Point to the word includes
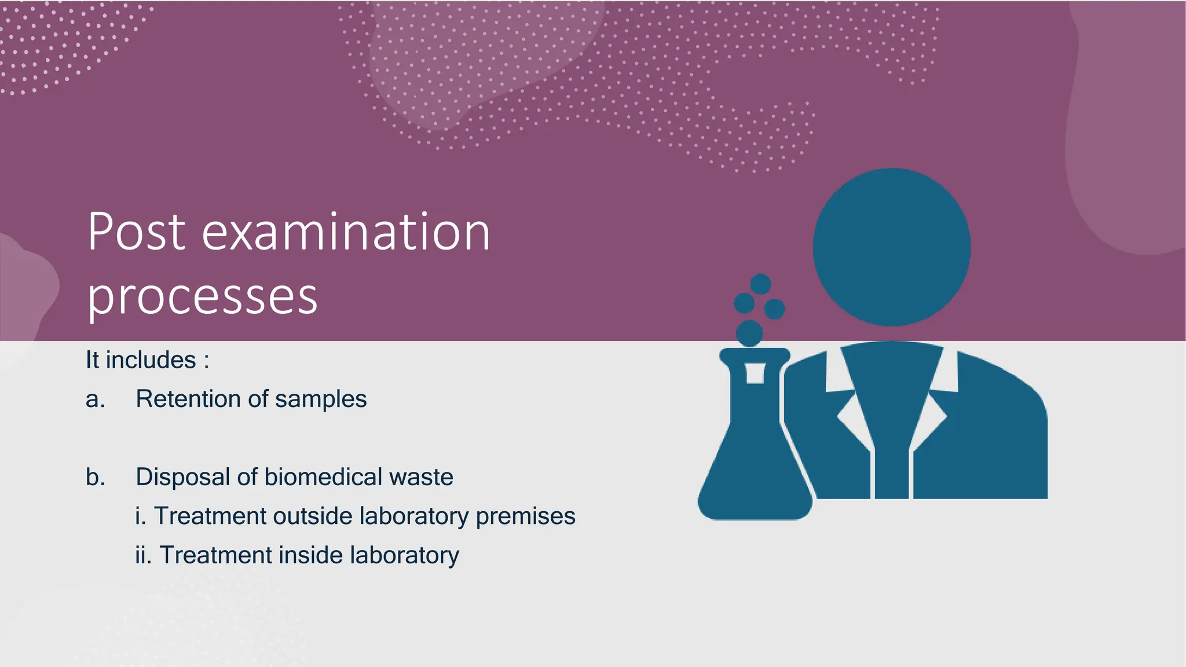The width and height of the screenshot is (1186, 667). click(151, 360)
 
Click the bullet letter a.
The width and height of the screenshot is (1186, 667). click(95, 400)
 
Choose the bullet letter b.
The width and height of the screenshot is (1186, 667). click(96, 477)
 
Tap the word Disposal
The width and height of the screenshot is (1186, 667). click(182, 477)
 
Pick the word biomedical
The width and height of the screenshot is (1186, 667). click(323, 477)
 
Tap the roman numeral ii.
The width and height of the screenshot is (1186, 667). click(143, 555)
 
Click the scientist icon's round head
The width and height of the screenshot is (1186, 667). click(891, 247)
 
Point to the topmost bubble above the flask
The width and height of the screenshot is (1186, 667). click(760, 284)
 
